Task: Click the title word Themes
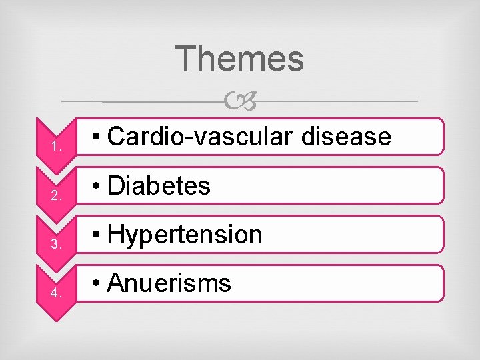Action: (x=241, y=59)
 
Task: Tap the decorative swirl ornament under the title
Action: (x=240, y=101)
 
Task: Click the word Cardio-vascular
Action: (x=200, y=136)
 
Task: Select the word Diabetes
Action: (x=159, y=185)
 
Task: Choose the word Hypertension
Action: (x=185, y=235)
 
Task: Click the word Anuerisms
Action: (x=169, y=283)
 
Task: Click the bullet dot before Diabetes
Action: (x=97, y=187)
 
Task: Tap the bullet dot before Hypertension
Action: (x=97, y=235)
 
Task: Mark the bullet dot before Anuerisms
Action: (x=97, y=285)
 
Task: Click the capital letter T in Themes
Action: (x=187, y=59)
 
